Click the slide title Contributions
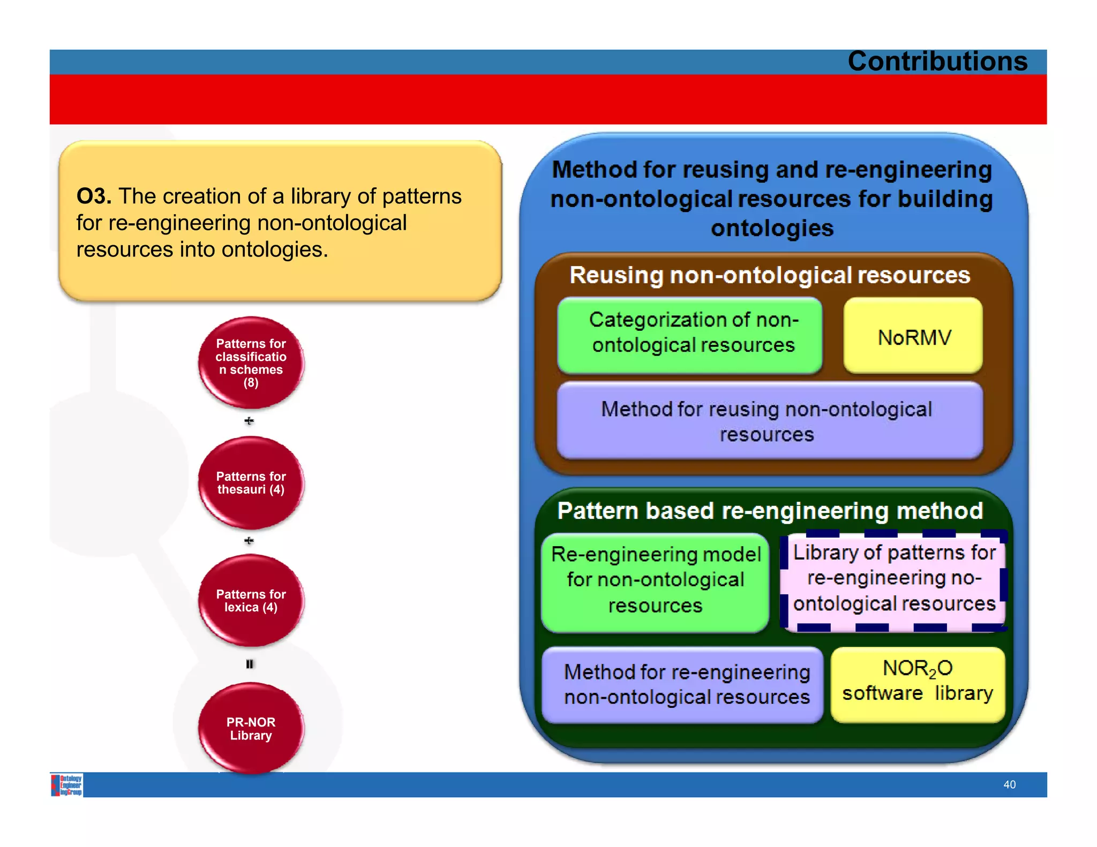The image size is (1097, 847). pos(937,61)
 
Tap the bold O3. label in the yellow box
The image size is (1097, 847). pos(94,196)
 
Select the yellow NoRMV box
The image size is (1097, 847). pos(913,337)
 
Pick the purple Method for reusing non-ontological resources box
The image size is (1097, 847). pos(769,421)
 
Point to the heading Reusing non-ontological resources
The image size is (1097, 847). pos(769,275)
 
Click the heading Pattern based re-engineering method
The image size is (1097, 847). pos(770,511)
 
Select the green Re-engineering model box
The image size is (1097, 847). pos(655,580)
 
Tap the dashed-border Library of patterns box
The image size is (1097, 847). pos(893,579)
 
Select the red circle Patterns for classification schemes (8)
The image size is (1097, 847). pos(251,362)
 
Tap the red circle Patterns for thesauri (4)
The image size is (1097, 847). pos(251,482)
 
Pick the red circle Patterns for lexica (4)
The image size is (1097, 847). pos(251,600)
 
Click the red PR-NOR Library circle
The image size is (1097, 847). pos(251,728)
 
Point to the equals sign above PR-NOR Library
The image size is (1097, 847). pos(250,664)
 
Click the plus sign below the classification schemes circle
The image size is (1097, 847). pos(249,421)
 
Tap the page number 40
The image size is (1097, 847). pos(1009,784)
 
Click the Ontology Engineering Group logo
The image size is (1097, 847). pos(67,785)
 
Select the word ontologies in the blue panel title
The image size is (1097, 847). pos(772,229)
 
